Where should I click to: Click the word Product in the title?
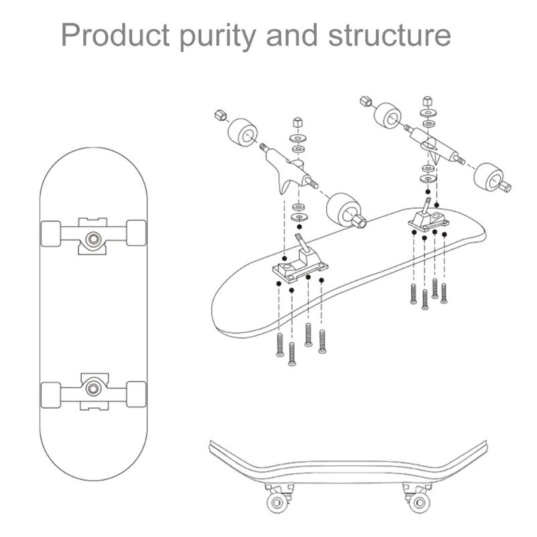pos(115,35)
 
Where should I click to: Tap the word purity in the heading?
pos(217,38)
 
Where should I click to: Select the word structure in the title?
pos(389,36)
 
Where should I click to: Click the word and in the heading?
pos(292,35)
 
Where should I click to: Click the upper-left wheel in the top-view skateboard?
pos(51,234)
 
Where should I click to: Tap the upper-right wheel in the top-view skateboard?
pos(136,233)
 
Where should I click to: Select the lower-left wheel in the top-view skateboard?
pos(51,395)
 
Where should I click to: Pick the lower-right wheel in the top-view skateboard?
pos(136,394)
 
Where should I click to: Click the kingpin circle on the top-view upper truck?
pos(93,239)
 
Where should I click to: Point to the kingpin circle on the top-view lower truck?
pos(93,389)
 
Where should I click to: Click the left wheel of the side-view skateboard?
pos(277,502)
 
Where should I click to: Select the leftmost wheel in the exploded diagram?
pos(242,134)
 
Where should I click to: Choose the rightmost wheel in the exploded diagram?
pos(489,177)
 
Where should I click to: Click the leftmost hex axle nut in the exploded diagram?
pos(221,115)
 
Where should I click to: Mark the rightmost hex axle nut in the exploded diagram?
pos(506,187)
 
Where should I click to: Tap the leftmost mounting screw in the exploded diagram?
pos(280,345)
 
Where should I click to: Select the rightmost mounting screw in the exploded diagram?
pos(444,293)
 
